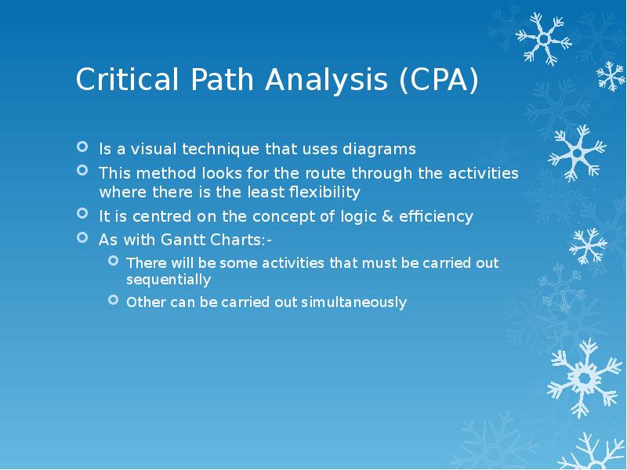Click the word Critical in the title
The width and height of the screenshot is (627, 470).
point(116,81)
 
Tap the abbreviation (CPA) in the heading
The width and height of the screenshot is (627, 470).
point(436,81)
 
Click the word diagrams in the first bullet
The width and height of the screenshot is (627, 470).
point(382,149)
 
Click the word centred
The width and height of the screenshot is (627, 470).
point(160,216)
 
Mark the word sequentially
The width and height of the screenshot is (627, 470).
point(168,279)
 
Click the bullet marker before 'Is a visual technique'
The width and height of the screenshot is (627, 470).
point(83,147)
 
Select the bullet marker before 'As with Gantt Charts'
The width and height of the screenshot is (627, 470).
point(83,238)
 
